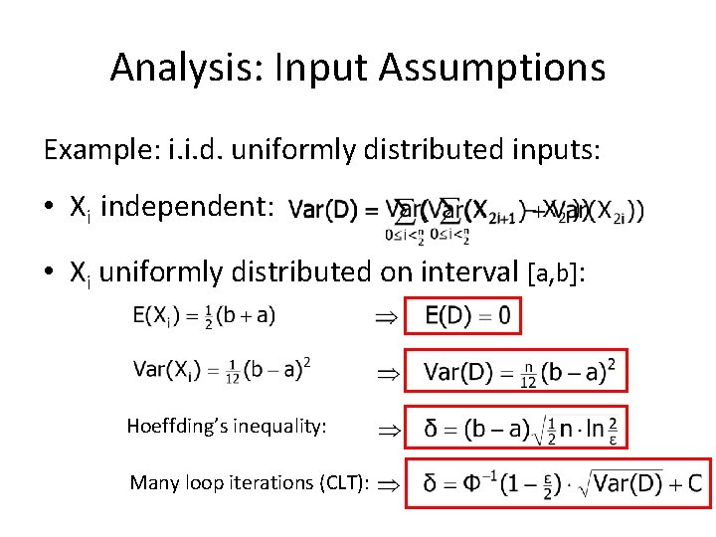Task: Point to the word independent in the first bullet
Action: click(x=187, y=207)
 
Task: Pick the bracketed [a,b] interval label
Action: click(x=559, y=272)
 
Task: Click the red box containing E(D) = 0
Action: click(x=462, y=316)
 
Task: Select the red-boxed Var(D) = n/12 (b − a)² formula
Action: click(x=516, y=372)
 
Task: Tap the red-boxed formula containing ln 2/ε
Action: click(x=516, y=428)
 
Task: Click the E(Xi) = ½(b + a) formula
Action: click(x=204, y=316)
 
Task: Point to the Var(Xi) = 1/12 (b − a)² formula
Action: click(x=221, y=370)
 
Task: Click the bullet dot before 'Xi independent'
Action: click(x=49, y=208)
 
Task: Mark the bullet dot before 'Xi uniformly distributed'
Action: click(x=49, y=272)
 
